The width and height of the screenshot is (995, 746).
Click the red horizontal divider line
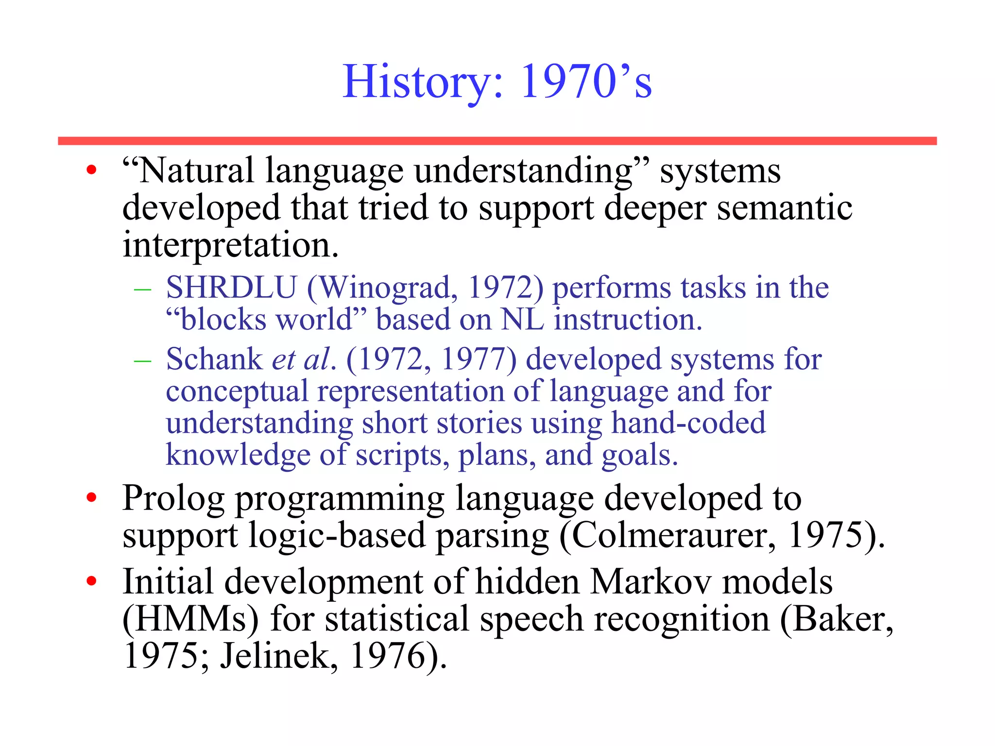coord(497,141)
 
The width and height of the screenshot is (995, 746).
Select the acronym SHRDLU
coord(231,288)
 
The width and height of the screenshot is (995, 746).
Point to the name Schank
coord(214,359)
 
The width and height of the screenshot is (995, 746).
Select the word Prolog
coord(173,498)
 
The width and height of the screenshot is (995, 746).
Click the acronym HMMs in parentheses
coord(190,619)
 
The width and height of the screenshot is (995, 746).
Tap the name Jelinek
coord(278,656)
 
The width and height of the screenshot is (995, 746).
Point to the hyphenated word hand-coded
coord(688,423)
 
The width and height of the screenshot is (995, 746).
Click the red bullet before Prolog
coord(91,498)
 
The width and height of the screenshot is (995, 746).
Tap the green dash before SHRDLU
coord(142,289)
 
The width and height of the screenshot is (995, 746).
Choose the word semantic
coord(784,208)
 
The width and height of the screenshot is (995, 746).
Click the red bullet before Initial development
coord(91,581)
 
